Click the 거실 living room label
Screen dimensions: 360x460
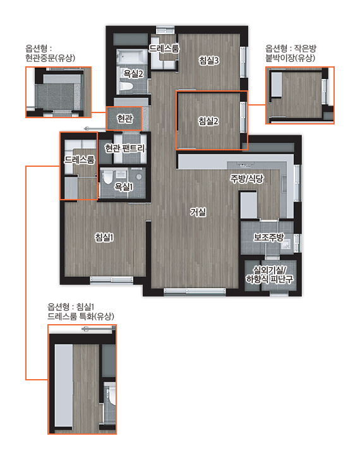[198, 212]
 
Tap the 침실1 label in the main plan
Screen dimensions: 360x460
[104, 237]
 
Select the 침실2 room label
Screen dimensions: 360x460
[208, 121]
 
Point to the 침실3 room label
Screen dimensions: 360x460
[209, 61]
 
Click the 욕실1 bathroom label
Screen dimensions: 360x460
[124, 186]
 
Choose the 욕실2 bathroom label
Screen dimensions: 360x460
[133, 73]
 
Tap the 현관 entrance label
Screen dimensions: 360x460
[125, 119]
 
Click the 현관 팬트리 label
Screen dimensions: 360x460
[125, 148]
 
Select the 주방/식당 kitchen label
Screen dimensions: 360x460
[247, 178]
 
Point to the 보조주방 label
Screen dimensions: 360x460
[269, 237]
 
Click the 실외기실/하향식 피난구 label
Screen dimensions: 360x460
[270, 275]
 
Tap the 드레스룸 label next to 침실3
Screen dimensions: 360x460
[164, 49]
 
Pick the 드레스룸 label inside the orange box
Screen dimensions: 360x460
[80, 160]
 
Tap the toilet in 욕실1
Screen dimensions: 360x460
[107, 178]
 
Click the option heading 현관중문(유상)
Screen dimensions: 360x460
[50, 57]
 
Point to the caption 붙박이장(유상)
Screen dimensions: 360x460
[291, 57]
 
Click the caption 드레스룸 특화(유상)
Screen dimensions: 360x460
[81, 316]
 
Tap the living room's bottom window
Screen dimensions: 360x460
[195, 291]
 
